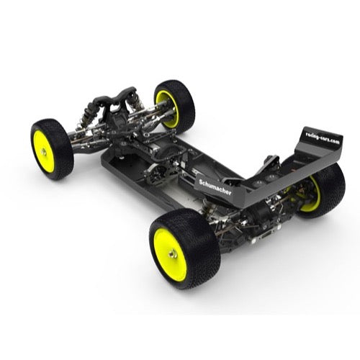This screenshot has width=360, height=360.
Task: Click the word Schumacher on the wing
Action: (x=215, y=187)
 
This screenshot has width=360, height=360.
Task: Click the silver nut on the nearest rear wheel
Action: (x=173, y=253)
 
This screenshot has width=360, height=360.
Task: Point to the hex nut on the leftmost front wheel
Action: (x=44, y=152)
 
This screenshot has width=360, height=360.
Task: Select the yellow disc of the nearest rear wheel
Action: (x=170, y=254)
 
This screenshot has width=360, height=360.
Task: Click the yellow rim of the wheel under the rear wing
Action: (x=313, y=197)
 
